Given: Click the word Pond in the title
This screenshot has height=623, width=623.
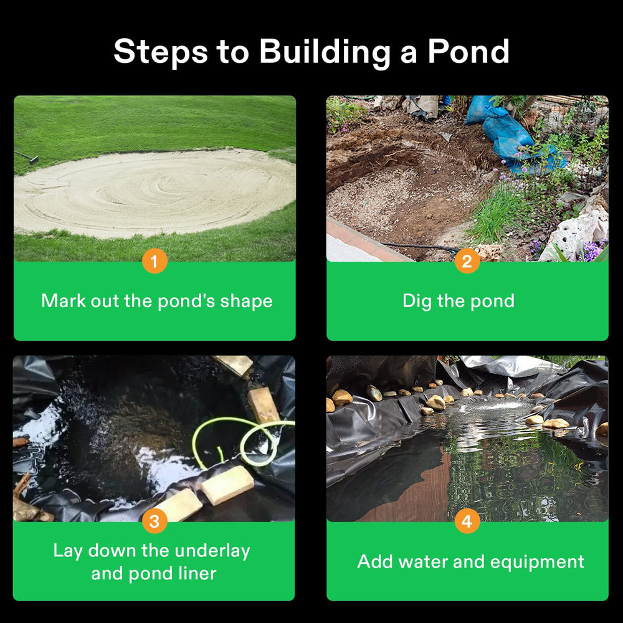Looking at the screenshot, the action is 468,51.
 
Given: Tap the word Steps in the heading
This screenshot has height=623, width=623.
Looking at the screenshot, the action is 161,51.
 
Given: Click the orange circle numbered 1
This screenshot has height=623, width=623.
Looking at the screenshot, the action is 155,261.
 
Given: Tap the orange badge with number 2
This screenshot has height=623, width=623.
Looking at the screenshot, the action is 467,261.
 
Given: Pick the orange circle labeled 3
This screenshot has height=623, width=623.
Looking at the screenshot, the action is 155,521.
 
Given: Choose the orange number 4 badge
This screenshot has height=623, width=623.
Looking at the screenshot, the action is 467,521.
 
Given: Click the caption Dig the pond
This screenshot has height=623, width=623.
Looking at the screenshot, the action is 459,301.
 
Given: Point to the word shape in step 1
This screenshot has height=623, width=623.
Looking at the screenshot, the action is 246,302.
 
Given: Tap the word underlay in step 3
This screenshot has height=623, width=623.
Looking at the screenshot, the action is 212,551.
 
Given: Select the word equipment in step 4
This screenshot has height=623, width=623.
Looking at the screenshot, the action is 537,563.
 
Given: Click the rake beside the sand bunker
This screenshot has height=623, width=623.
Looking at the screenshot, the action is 26,156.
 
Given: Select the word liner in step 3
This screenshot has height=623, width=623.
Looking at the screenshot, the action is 197,574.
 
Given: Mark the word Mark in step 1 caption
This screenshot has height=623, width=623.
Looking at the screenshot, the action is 64,301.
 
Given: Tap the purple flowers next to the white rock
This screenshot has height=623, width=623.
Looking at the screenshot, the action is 591,251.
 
